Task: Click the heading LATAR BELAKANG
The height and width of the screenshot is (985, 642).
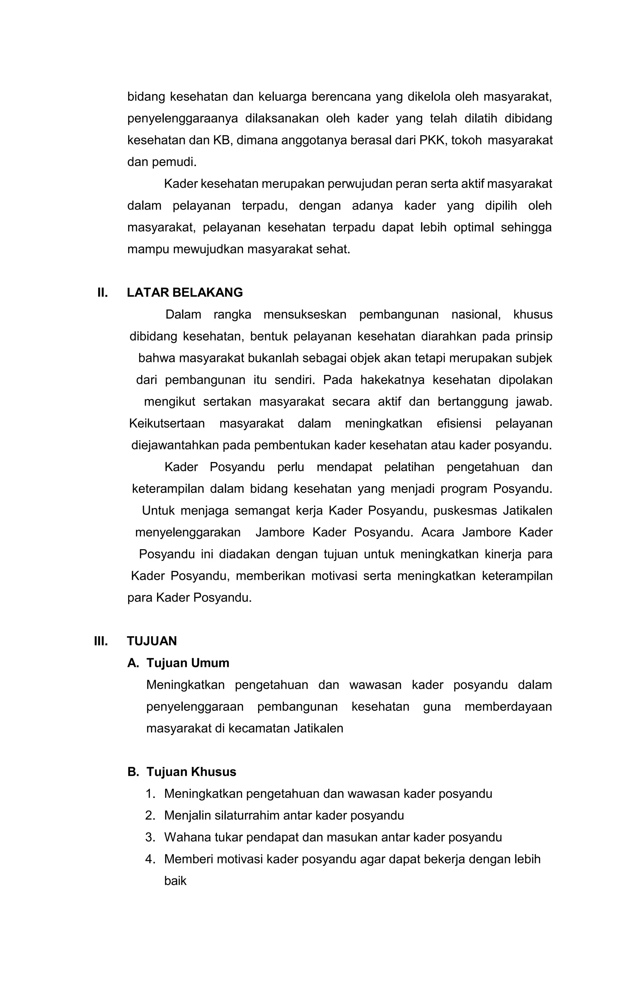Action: click(185, 293)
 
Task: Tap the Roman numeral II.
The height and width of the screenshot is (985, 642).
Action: click(102, 293)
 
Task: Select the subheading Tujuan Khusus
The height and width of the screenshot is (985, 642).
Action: click(191, 772)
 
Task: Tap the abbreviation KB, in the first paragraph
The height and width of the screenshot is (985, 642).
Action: click(223, 140)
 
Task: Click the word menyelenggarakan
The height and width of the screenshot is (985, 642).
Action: click(188, 532)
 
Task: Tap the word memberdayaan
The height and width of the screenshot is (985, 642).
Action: click(508, 706)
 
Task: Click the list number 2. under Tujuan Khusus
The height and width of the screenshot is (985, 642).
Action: click(150, 816)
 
